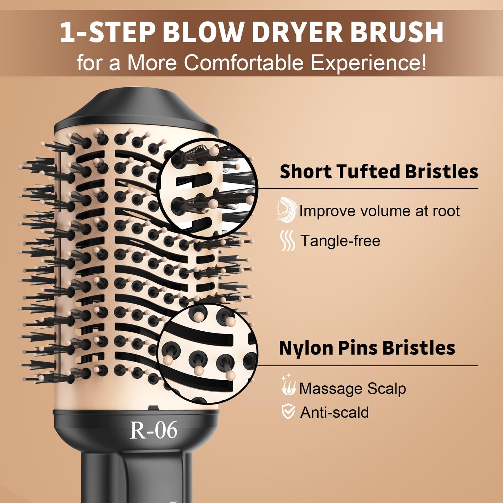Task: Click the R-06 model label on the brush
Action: point(153,430)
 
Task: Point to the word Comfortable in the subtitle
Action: point(244,63)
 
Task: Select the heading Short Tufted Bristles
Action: point(379,172)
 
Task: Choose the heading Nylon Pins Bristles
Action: point(367,348)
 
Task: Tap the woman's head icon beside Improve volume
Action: point(286,210)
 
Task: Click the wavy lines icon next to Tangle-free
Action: point(288,241)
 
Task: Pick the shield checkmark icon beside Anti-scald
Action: point(288,412)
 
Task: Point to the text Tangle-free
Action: point(340,241)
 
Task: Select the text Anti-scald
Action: point(334,412)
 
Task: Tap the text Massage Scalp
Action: point(352,388)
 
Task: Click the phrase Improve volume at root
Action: point(379,211)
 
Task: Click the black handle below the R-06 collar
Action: point(136,477)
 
